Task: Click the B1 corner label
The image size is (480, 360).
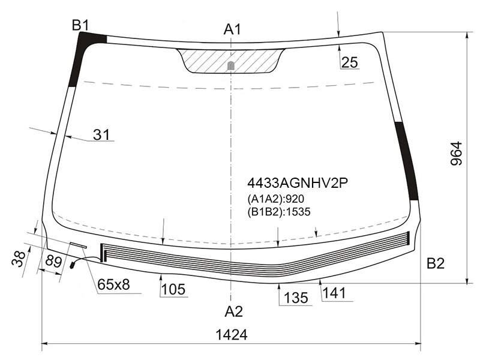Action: tap(80, 25)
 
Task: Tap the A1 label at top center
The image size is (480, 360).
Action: tap(232, 29)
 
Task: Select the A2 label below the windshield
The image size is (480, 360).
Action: tap(233, 311)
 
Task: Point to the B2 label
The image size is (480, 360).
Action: tap(436, 263)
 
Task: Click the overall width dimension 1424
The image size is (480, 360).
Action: tap(232, 335)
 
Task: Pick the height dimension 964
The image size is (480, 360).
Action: tap(456, 153)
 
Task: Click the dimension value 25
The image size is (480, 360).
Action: tap(349, 62)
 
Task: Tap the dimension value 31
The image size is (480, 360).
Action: tap(101, 134)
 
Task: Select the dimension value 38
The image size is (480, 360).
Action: tap(19, 259)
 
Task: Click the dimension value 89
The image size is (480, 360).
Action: tap(53, 262)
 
